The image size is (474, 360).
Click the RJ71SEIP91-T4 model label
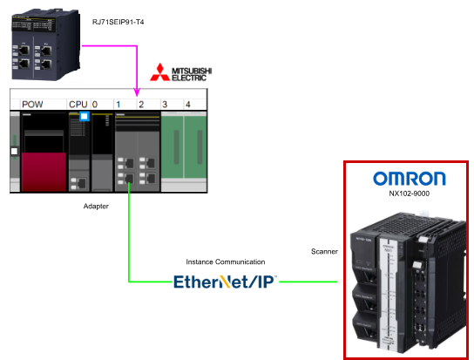coord(118,22)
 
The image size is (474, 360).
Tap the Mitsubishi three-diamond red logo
coord(160,72)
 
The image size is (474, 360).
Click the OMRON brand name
coord(410,179)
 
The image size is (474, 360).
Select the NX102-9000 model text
coord(409,194)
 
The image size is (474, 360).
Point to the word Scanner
coord(324,251)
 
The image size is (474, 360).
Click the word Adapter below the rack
coord(96,206)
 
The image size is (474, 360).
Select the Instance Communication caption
coord(226,262)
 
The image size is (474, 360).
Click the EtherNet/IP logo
coord(225,282)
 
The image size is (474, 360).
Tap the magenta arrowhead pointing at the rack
coord(137,92)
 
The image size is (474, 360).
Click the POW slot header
coord(32,105)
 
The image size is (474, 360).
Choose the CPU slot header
coord(78,105)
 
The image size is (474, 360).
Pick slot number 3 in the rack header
coord(165,105)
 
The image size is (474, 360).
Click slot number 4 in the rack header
coord(188,105)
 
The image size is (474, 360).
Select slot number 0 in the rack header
coord(95,105)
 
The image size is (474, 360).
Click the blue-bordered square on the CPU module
coord(85,116)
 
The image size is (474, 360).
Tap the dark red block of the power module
coord(44,172)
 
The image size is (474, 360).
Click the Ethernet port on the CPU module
coord(82,183)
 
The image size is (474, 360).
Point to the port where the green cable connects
coord(129,178)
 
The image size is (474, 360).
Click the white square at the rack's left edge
coord(14,152)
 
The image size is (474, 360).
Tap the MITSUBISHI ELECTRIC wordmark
coord(192,74)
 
